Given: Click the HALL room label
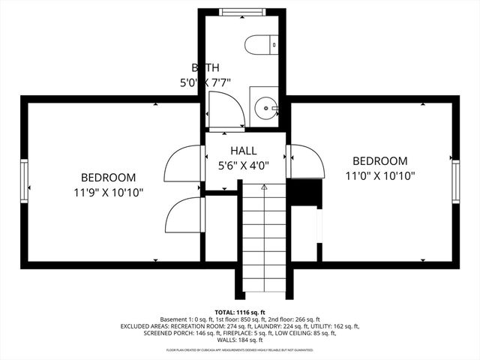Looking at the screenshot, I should coord(244,150).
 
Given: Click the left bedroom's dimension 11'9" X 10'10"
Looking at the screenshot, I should coord(109,193).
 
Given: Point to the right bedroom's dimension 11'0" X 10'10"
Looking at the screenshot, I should coord(380,175).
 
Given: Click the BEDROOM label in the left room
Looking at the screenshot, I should coord(109,178).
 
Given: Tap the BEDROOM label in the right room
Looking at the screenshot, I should coord(380,160).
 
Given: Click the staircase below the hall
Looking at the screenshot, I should coord(263,240).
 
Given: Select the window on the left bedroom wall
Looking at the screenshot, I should coord(25,181).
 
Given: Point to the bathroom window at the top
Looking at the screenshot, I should coord(242,10).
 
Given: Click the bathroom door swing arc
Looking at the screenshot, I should coord(226,109).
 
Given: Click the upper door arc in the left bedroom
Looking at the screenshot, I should coord(183,162).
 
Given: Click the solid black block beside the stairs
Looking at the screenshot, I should coord(304,193).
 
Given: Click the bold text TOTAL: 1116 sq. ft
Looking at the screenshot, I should coord(240,312).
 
